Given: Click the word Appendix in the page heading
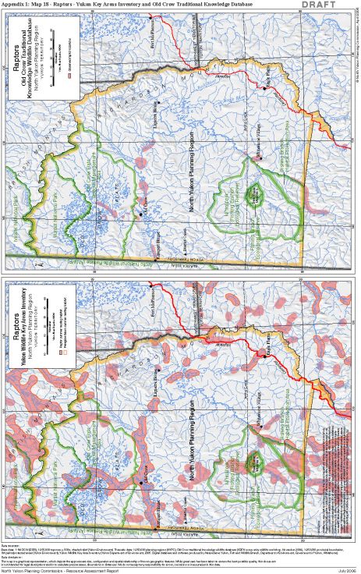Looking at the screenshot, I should [x=17, y=5].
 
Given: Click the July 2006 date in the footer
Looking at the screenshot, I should [x=346, y=569].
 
